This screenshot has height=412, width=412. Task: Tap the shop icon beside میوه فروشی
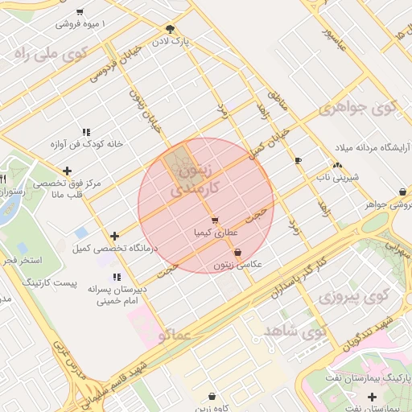79,12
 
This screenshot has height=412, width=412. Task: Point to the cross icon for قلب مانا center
67,171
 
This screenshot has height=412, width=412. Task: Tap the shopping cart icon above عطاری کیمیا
214,220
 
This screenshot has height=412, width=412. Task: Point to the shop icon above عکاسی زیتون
237,252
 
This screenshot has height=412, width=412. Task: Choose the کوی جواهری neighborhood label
358,107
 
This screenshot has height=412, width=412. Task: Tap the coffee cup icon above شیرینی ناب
299,161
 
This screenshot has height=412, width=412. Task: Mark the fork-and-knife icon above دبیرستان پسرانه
118,278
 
